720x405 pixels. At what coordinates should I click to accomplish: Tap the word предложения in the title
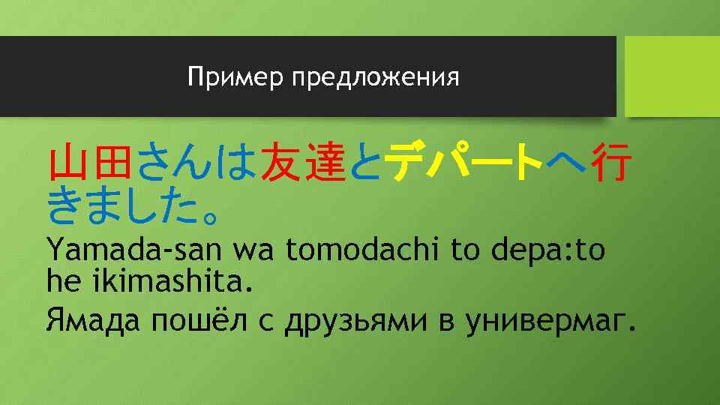click(374, 78)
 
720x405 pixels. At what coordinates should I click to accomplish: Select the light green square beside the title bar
click(672, 76)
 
